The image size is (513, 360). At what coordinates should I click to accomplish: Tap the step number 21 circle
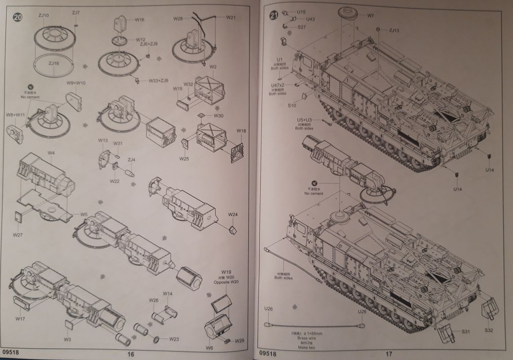(274, 15)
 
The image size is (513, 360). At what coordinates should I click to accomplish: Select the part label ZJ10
(44, 16)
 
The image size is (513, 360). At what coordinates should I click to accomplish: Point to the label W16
(139, 20)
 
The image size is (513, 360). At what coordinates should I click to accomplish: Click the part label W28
(177, 18)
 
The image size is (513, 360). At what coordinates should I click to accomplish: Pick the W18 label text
(241, 131)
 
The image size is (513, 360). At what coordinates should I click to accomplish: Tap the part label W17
(20, 318)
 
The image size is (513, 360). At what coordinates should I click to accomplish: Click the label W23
(174, 339)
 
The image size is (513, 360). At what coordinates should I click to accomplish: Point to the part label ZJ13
(394, 30)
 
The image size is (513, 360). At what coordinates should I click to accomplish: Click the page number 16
(131, 354)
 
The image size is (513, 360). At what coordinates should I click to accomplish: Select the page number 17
(388, 354)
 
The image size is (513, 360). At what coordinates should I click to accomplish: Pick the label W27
(18, 235)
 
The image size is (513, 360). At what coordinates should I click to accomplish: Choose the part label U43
(310, 19)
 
